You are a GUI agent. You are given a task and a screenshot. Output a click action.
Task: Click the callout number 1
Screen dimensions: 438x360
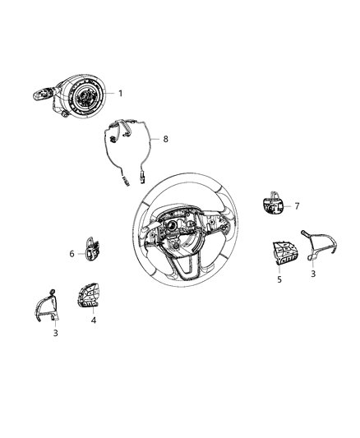point(119,94)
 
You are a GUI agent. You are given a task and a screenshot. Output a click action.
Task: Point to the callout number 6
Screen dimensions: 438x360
point(72,255)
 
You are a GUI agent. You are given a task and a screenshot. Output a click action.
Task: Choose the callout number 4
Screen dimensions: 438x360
point(94,320)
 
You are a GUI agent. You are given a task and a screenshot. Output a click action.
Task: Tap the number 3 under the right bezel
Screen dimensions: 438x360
point(312,274)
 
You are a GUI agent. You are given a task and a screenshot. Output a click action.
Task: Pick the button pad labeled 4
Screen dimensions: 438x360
point(89,295)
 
